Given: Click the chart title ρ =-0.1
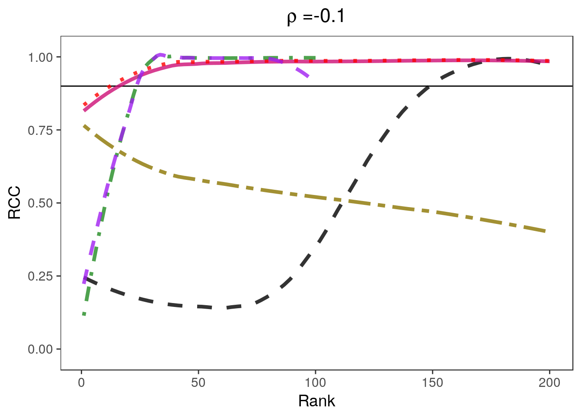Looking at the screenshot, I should (316, 17).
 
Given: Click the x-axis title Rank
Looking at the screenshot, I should (316, 401).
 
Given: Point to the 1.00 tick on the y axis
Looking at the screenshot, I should (41, 57).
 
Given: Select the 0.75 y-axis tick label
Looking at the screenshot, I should (41, 130).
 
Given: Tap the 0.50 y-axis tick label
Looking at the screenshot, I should (41, 203).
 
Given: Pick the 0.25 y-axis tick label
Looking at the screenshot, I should (41, 276).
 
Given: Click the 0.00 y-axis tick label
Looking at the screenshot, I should (41, 349).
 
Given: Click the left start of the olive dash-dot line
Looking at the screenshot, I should (84, 126).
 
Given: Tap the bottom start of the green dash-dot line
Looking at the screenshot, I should (84, 314).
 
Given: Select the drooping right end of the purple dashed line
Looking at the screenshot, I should (307, 77).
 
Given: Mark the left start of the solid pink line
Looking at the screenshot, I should (84, 110).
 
